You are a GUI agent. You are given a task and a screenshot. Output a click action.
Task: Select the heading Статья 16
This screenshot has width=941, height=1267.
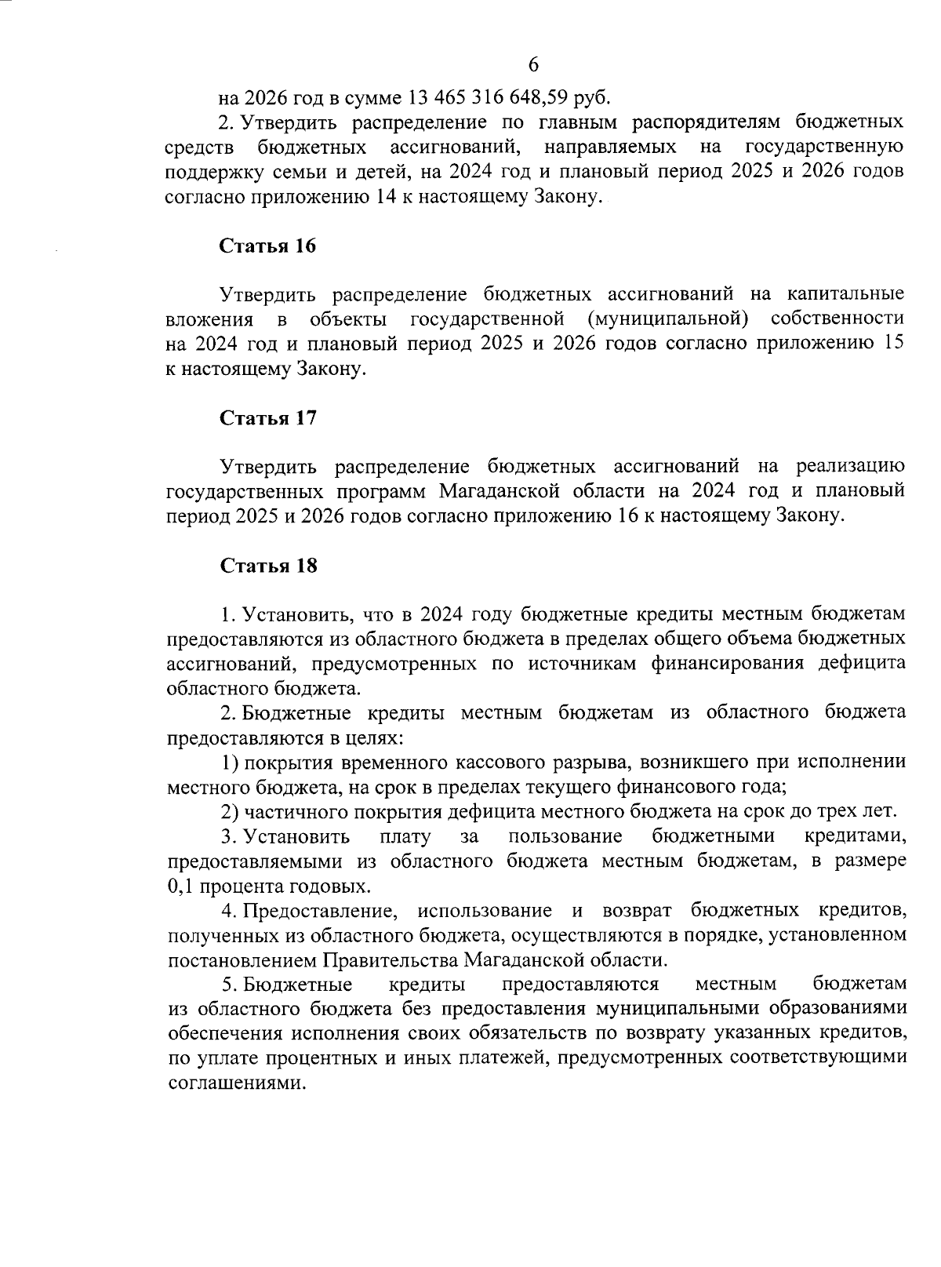268,246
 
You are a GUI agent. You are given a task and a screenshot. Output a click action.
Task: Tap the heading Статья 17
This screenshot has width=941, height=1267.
268,418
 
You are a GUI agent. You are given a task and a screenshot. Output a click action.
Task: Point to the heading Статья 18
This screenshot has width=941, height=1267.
268,566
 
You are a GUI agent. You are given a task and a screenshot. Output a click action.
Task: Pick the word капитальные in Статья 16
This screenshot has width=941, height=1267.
840,295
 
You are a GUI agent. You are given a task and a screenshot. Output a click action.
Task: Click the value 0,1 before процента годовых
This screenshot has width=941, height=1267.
181,887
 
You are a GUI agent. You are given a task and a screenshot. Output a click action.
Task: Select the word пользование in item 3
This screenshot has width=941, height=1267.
565,836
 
